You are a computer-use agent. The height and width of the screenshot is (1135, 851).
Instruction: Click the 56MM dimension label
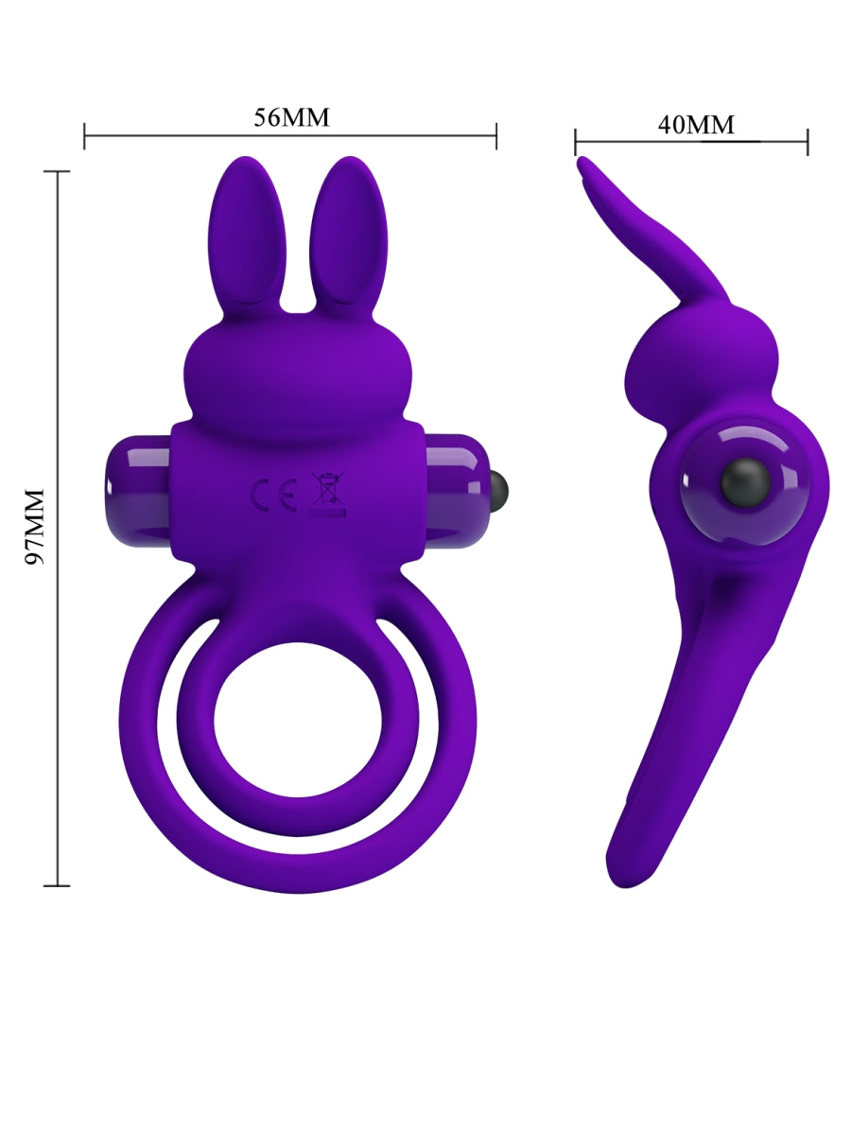coord(291,117)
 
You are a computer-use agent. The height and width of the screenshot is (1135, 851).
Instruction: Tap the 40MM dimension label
coord(696,124)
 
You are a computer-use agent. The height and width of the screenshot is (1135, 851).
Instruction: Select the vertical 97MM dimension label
coord(35,527)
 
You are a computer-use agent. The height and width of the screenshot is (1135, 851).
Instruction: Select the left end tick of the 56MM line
coord(84,135)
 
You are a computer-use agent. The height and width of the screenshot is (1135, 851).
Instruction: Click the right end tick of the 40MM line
coord(807,142)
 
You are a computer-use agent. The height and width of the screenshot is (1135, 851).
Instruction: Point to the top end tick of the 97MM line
coord(58,172)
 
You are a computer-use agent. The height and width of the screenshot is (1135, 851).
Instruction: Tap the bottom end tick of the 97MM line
coord(58,885)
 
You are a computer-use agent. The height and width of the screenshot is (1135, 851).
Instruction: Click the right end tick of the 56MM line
coord(496,135)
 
